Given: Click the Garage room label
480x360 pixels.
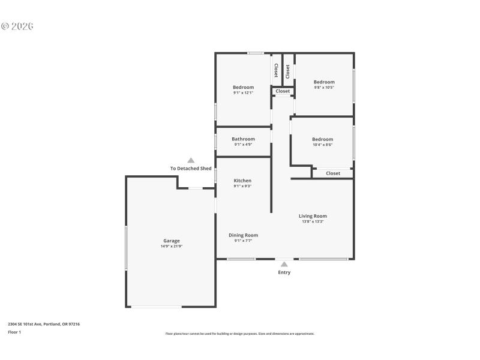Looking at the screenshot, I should [171, 241].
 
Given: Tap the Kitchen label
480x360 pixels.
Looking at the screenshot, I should [242, 181].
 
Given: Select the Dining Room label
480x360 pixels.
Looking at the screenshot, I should [243, 235].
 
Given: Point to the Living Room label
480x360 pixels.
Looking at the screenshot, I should [313, 216].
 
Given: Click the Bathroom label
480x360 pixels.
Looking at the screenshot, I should [243, 139].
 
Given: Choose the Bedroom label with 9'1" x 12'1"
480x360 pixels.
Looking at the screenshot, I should [243, 87].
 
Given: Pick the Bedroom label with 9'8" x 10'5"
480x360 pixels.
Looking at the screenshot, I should [324, 82].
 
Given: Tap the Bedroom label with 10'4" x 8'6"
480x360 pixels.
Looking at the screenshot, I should [322, 139].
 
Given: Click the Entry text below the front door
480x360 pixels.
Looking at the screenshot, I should [284, 272].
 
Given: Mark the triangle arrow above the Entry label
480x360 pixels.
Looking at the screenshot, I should [284, 264].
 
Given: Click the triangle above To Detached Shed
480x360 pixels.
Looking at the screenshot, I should [191, 160].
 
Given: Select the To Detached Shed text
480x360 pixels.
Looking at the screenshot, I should [191, 169].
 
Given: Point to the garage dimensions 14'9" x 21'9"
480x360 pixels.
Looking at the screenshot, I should [171, 246].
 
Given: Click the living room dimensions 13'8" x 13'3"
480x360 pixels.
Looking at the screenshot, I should [313, 221].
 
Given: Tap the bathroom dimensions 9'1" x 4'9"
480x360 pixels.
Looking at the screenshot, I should [243, 145].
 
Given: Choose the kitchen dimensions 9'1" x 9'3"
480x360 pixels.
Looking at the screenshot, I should [242, 186].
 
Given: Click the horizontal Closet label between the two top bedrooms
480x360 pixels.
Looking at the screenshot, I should [283, 91].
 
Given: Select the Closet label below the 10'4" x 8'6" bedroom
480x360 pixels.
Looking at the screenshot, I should [333, 173].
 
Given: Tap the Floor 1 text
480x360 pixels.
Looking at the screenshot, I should [14, 332].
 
